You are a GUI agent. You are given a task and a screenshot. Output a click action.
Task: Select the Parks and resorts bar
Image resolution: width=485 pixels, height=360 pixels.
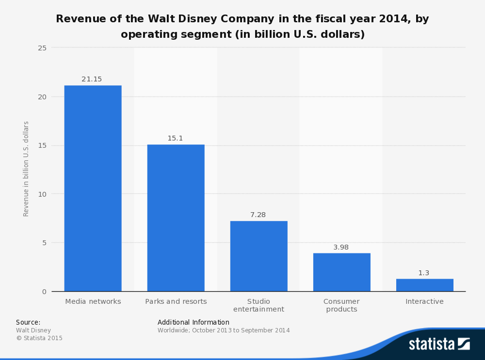176,218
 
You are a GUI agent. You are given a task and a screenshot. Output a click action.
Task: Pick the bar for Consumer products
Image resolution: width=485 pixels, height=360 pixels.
341,272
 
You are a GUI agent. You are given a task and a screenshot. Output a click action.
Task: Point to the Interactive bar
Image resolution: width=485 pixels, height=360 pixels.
424,285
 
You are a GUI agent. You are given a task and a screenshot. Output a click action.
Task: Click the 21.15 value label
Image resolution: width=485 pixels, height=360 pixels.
92,79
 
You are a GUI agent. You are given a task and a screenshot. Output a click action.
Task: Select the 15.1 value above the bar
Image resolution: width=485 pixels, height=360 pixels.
175,138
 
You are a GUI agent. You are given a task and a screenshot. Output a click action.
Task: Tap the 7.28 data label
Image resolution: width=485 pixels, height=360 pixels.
258,215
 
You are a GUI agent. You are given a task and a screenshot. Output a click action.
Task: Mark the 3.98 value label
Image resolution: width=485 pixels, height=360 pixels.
341,247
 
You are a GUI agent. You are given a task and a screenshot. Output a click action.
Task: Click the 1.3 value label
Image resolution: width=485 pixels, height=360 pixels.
424,273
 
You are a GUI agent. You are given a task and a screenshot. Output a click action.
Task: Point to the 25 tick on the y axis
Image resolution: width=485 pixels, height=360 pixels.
42,48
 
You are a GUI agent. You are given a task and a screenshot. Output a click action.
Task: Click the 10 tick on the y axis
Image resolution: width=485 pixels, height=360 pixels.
42,194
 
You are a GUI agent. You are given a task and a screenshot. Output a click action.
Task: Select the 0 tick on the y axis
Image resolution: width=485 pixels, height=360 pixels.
44,291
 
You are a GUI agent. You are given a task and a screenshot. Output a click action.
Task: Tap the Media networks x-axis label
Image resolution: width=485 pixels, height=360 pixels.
93,301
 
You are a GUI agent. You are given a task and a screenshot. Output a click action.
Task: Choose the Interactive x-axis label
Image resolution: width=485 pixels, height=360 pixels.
424,301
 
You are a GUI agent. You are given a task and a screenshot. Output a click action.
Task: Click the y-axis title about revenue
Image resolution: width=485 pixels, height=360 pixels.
26,169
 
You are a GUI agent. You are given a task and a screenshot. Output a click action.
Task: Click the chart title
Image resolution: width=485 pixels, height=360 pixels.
242,27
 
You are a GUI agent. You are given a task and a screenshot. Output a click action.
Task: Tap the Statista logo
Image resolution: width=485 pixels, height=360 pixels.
439,344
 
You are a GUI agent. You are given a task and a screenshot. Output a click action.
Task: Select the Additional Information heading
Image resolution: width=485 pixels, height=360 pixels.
194,322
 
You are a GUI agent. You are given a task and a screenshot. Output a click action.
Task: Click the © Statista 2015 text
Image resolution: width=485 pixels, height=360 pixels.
39,338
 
